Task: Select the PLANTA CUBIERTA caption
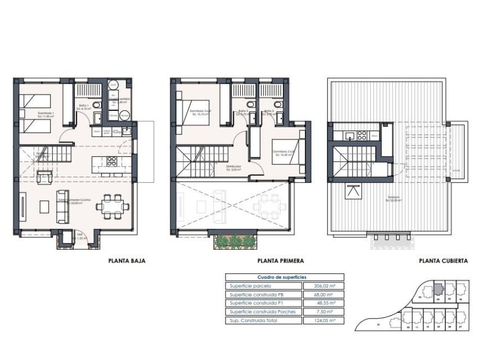(443, 261)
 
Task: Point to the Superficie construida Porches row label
(263, 312)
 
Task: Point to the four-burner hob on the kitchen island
(111, 162)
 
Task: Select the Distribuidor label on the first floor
(234, 166)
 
